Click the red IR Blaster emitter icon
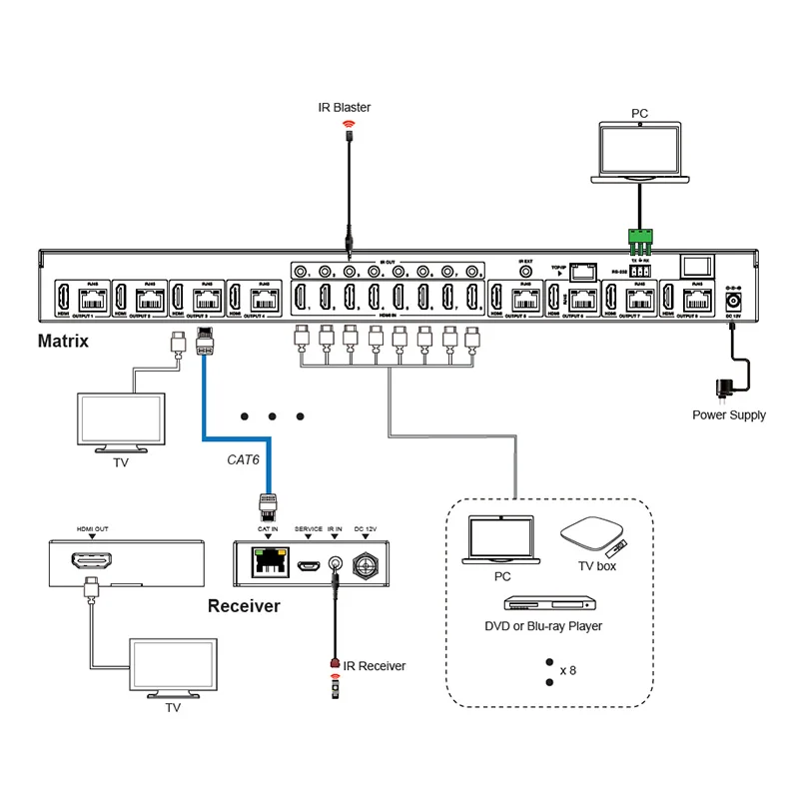click(350, 126)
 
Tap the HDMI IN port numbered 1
click(300, 298)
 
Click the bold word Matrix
click(63, 342)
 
